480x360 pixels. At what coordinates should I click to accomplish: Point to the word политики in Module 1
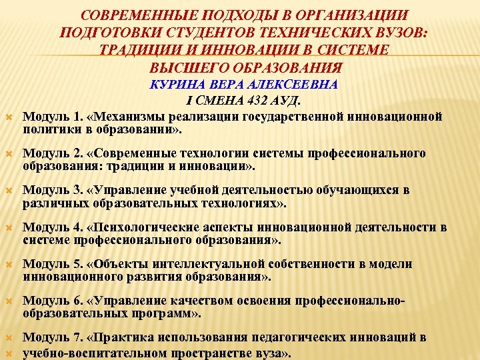click(50, 129)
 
